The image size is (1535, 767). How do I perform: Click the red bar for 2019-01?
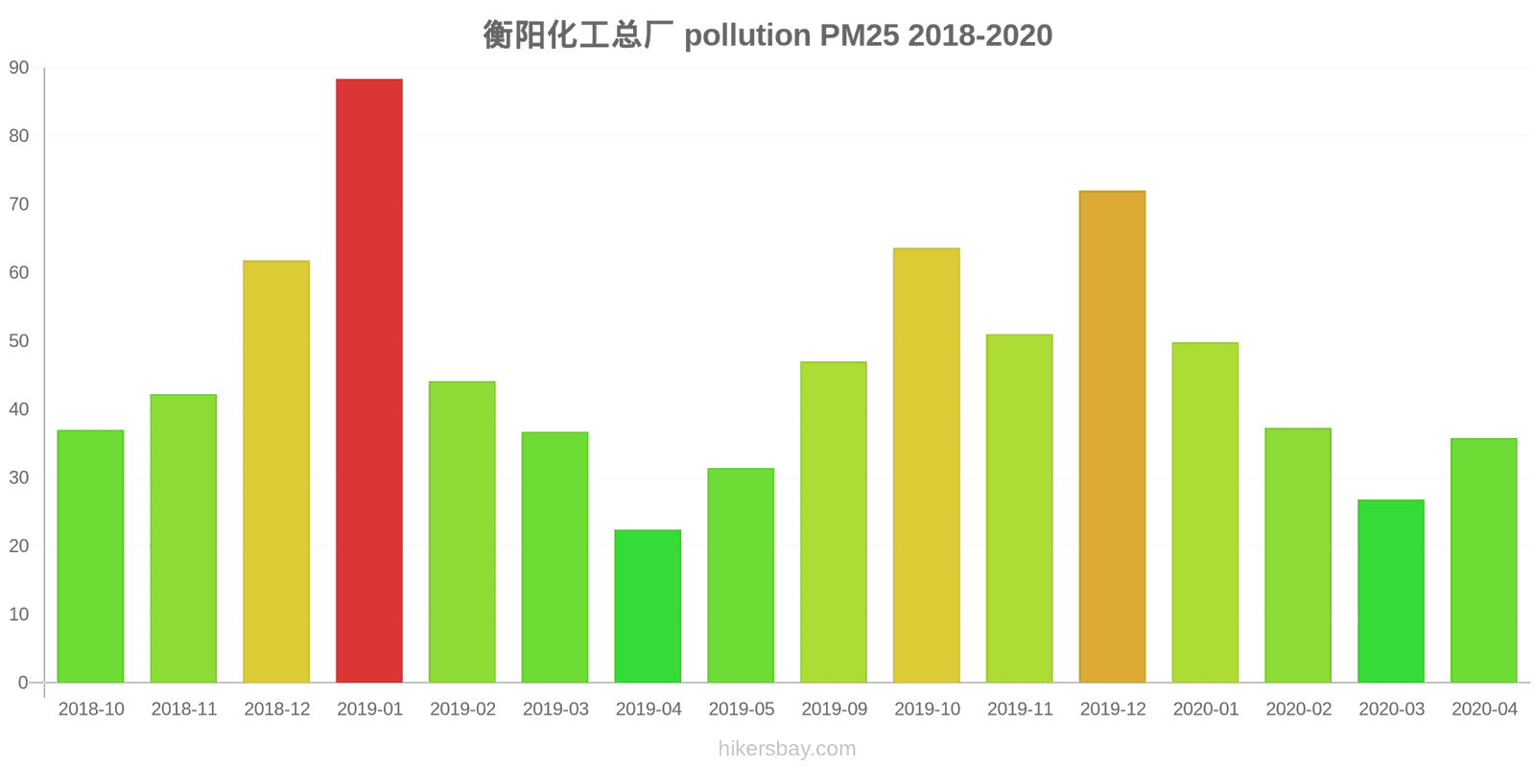(x=369, y=381)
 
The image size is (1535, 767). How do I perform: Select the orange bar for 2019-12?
(x=1112, y=437)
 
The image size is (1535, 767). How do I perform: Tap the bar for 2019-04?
(x=648, y=606)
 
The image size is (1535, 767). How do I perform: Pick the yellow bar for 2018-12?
(x=276, y=472)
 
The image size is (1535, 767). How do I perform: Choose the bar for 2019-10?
(x=927, y=466)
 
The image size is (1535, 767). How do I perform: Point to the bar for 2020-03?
(x=1391, y=592)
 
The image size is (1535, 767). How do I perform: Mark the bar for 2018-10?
(x=91, y=556)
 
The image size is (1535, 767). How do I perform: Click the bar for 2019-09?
(x=834, y=523)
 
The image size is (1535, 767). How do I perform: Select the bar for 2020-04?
(x=1484, y=561)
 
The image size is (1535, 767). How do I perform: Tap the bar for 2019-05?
(x=741, y=575)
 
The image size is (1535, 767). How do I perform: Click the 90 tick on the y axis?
(x=19, y=68)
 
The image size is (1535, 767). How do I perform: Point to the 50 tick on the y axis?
(x=19, y=341)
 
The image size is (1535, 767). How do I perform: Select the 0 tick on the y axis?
(x=23, y=683)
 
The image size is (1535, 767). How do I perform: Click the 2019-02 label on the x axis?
(x=462, y=709)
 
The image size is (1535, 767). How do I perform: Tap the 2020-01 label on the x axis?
(x=1206, y=709)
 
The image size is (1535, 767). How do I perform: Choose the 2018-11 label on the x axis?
(x=184, y=709)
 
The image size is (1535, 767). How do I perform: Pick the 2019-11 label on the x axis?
(x=1020, y=709)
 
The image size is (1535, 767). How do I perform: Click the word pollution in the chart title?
(x=746, y=35)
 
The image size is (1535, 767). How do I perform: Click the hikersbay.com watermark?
(x=787, y=749)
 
